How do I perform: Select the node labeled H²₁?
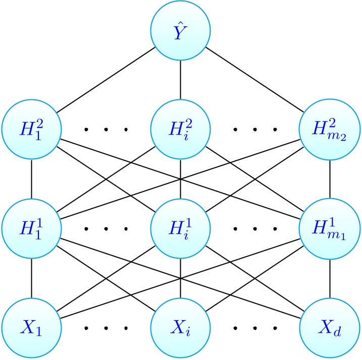(x=32, y=130)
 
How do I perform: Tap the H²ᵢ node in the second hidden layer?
(x=181, y=130)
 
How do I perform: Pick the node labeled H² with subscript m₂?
(x=330, y=130)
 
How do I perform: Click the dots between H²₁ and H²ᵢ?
(x=106, y=130)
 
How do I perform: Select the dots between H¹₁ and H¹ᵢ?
(x=106, y=229)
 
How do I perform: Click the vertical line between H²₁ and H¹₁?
(x=32, y=179)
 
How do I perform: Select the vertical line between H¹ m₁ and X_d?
(x=330, y=278)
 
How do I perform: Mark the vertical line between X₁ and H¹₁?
(x=32, y=278)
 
